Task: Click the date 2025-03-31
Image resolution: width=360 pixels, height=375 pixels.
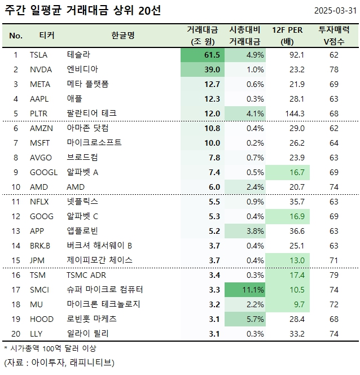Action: coord(336,11)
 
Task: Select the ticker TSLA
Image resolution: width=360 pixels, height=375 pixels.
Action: coord(39,55)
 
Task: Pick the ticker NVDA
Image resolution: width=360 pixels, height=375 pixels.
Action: coord(40,69)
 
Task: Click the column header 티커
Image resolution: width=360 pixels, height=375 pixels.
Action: coord(47,36)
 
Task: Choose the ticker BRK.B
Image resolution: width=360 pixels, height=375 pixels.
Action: coord(41,246)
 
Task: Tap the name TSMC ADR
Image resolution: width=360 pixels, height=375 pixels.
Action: coord(86,275)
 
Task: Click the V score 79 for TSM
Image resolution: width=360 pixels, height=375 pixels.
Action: coord(334,275)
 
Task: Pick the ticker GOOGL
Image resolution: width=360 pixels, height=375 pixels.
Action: coord(43,172)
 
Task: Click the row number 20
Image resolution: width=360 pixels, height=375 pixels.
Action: coord(16,334)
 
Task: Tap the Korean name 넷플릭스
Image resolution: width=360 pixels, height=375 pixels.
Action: coord(82,202)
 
